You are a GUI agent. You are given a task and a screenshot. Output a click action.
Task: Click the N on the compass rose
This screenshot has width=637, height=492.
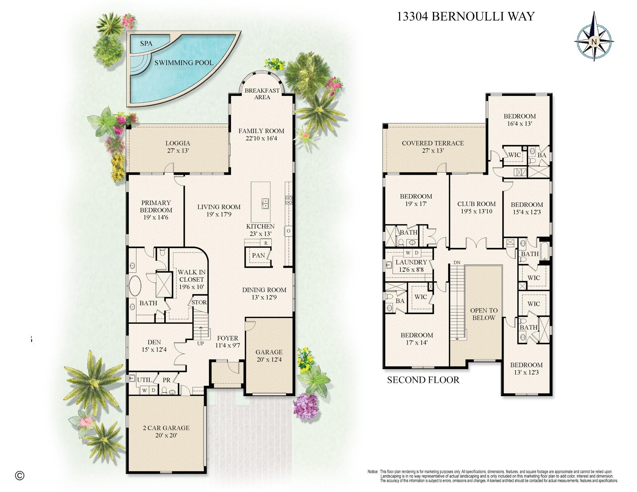(x=594, y=42)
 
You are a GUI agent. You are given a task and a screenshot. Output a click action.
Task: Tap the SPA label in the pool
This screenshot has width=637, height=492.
(x=146, y=43)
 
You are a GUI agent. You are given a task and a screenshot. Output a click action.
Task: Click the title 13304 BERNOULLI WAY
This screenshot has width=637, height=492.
(x=466, y=16)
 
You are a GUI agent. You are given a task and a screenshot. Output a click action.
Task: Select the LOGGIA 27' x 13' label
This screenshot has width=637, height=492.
(x=178, y=147)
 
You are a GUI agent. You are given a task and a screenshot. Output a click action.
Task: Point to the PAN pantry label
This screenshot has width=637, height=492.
(x=258, y=255)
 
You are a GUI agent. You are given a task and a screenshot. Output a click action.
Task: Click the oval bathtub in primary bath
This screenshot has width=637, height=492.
(x=135, y=285)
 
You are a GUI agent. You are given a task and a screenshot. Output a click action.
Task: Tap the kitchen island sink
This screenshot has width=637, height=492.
(x=265, y=203)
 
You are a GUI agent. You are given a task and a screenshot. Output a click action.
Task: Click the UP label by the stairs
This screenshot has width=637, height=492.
(x=200, y=343)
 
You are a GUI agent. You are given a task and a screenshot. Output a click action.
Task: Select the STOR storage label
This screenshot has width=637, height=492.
(x=199, y=302)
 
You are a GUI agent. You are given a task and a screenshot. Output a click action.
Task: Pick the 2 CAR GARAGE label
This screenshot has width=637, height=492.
(x=166, y=431)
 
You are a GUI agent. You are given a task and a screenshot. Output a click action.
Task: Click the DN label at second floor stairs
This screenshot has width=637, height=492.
(x=457, y=262)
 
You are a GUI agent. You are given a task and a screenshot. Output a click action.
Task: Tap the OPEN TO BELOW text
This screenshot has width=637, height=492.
(x=484, y=314)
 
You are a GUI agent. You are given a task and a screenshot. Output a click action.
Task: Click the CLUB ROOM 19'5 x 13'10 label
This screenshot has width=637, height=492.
(x=476, y=207)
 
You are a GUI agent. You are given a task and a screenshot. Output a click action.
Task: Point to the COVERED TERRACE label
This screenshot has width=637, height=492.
(x=433, y=147)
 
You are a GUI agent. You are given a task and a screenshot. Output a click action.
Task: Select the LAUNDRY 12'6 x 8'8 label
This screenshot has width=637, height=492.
(x=411, y=266)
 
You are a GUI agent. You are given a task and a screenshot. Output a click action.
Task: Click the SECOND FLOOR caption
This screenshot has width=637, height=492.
(x=423, y=380)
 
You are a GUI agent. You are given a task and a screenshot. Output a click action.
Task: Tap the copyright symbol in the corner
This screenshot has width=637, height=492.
(x=20, y=475)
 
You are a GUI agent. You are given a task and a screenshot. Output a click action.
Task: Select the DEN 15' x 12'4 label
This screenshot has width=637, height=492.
(x=154, y=345)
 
